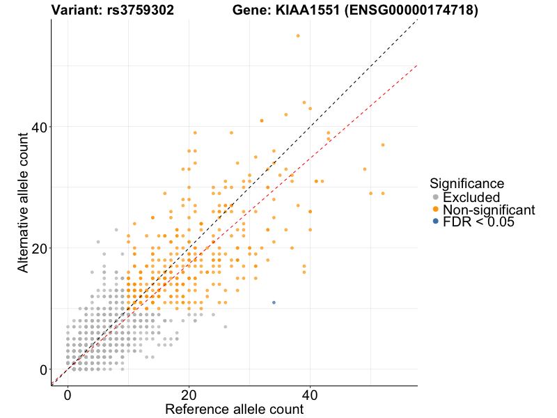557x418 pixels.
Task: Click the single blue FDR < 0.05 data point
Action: [274, 302]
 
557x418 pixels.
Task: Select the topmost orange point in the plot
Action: [298, 36]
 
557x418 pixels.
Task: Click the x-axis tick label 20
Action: [189, 394]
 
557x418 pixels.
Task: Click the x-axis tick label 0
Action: [68, 394]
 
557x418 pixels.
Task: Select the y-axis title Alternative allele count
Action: [24, 202]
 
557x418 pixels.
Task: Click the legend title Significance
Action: [467, 184]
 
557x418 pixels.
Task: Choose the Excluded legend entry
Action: [471, 197]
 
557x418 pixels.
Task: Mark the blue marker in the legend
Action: [436, 222]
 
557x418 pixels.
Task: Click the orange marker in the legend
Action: [436, 209]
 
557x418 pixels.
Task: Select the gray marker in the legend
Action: [436, 197]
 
